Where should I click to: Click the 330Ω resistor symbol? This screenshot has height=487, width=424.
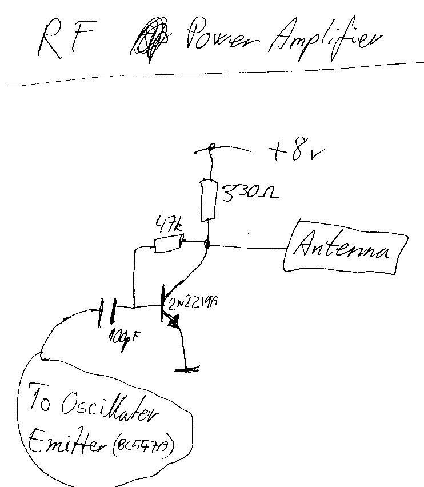[x=209, y=200]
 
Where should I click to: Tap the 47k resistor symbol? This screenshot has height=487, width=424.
[x=169, y=244]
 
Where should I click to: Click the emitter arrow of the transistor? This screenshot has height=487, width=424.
[x=174, y=324]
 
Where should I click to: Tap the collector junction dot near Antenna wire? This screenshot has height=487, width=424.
[x=208, y=245]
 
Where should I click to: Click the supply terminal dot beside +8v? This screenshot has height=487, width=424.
[x=211, y=148]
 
